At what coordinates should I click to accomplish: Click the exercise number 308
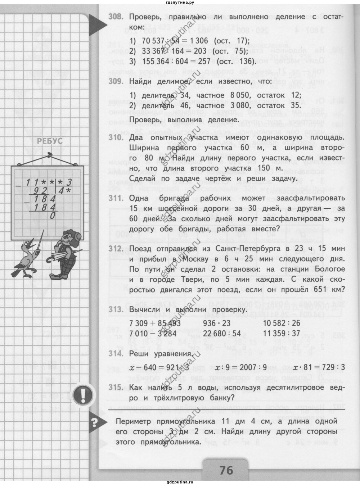click(116, 17)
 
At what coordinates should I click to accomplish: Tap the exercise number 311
click(116, 199)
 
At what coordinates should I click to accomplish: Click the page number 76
click(225, 470)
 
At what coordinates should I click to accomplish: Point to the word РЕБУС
click(50, 141)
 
